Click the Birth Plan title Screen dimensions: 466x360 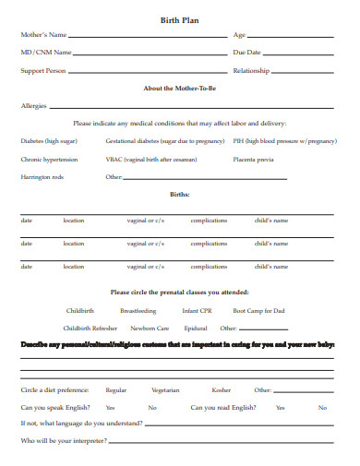coord(179,18)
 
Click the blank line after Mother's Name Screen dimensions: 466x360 coord(148,37)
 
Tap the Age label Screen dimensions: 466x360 coord(239,34)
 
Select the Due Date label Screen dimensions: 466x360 coord(246,53)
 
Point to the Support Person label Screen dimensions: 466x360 coord(43,70)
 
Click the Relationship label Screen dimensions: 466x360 coord(251,70)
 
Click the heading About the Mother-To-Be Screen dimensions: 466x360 coord(179,89)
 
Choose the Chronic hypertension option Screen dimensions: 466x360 coord(49,159)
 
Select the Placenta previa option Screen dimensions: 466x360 coord(252,159)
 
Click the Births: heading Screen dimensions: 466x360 coord(179,195)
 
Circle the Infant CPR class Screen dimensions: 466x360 coord(198,311)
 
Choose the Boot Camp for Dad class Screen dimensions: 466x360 coord(258,311)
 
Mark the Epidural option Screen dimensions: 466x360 coord(195,328)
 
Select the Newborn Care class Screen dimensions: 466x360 coord(150,328)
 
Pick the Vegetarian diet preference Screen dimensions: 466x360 coord(165,390)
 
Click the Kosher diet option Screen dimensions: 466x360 coord(222,390)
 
